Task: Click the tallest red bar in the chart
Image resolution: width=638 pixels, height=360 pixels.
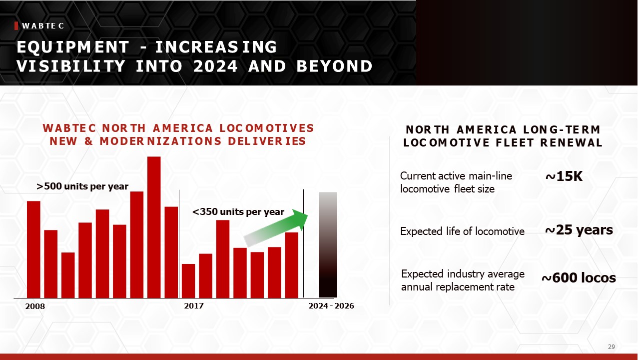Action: (154, 227)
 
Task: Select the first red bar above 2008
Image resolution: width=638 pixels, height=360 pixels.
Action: (33, 249)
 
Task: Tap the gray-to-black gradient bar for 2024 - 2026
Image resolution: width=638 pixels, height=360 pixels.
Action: (328, 245)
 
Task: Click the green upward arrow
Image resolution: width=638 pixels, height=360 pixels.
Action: (276, 228)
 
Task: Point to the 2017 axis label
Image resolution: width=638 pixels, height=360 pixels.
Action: (194, 306)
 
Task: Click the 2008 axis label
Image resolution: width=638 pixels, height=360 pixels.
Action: (35, 306)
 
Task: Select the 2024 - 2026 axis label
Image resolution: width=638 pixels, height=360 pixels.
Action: (331, 306)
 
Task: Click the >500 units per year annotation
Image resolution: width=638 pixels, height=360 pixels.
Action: (82, 186)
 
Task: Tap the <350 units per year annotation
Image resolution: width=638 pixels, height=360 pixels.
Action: (238, 212)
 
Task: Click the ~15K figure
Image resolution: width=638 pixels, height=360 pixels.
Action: (564, 176)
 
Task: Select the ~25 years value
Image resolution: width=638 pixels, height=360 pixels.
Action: (579, 230)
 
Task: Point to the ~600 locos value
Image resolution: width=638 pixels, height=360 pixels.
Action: (579, 278)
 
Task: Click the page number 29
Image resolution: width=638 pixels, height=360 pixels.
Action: (611, 347)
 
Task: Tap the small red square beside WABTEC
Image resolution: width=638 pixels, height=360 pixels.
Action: (16, 25)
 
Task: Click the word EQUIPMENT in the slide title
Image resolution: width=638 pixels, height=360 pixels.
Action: (73, 47)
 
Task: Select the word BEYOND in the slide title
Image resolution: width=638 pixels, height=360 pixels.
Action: (334, 66)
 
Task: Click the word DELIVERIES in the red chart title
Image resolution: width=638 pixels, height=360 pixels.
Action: (267, 141)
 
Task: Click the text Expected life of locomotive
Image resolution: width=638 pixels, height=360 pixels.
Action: (462, 231)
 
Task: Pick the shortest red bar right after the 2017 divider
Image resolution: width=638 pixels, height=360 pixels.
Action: (188, 281)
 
